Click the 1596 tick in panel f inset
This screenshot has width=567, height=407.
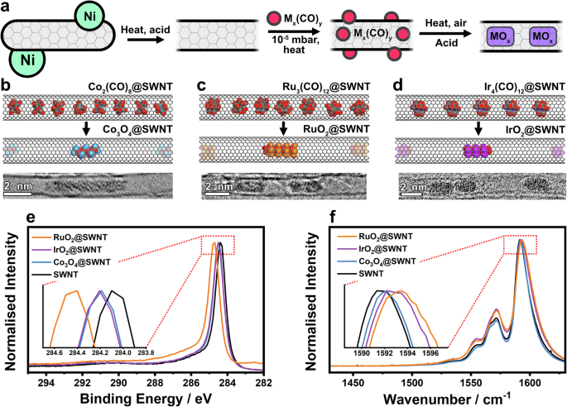[x=430, y=352]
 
